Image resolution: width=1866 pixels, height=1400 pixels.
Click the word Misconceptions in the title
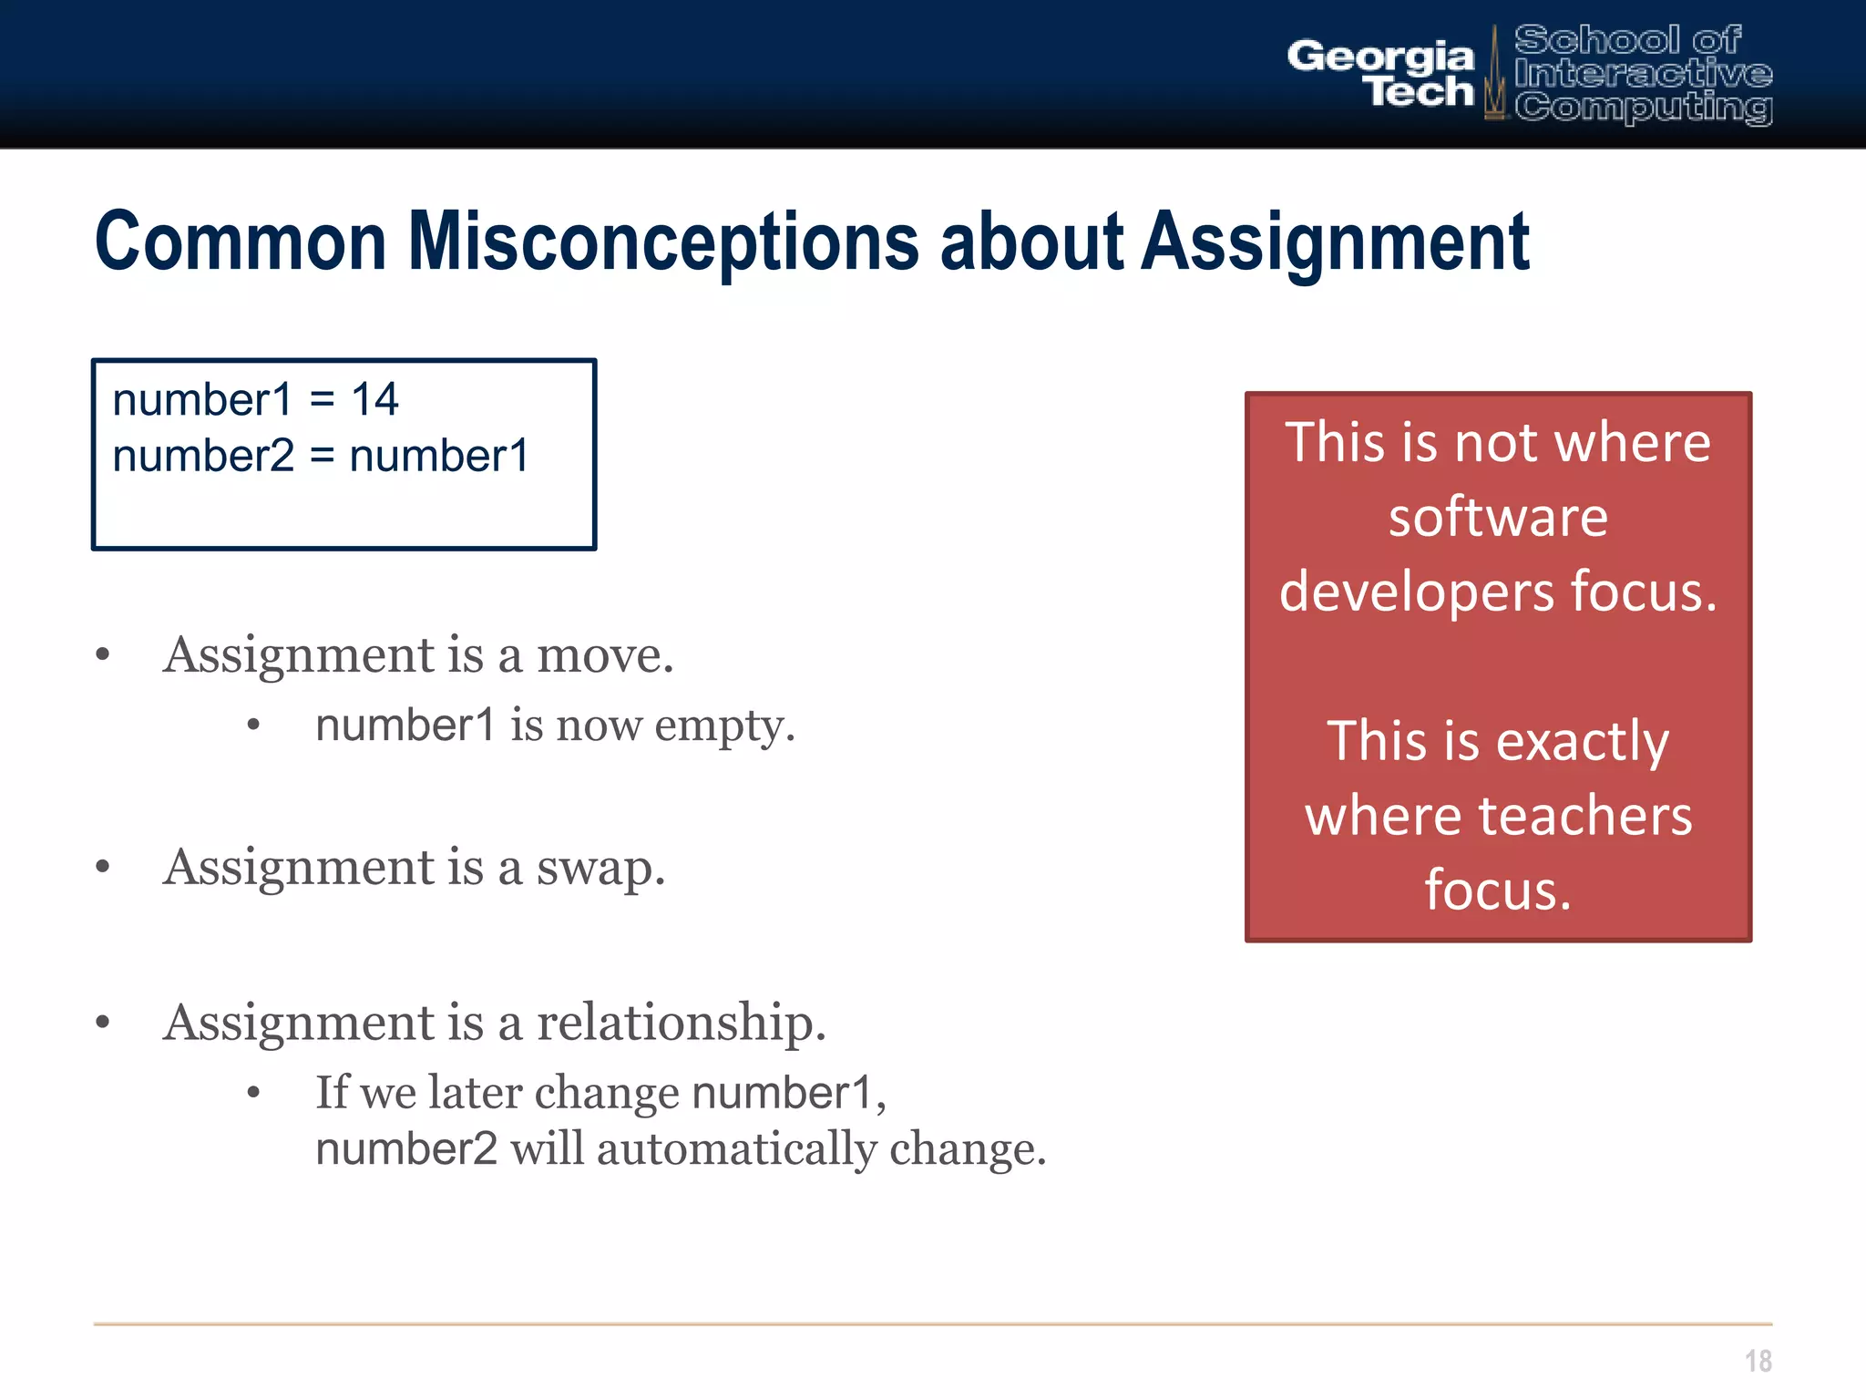[x=663, y=242]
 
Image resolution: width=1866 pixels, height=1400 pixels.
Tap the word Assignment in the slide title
[x=1335, y=242]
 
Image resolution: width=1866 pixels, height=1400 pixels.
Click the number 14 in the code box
[x=374, y=399]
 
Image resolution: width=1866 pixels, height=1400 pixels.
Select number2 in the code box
[x=203, y=456]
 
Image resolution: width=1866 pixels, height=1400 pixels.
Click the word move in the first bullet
[x=604, y=655]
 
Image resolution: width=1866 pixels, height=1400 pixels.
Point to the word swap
[x=600, y=867]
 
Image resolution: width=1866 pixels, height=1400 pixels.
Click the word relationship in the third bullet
[x=681, y=1022]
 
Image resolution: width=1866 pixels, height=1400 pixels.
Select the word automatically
[x=739, y=1148]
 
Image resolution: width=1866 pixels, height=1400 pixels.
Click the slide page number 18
[x=1758, y=1361]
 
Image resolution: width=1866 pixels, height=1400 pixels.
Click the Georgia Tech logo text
[x=1381, y=73]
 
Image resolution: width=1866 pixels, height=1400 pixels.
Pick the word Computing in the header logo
[x=1643, y=108]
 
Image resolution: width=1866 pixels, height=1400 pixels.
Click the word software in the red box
[x=1498, y=517]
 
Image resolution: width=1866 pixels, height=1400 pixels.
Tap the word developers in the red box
[x=1417, y=592]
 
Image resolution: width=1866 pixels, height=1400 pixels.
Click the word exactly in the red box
[x=1582, y=740]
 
